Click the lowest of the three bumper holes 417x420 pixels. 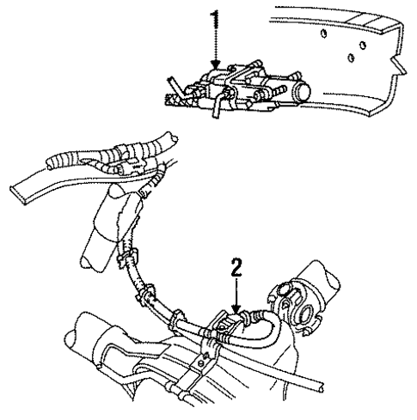click(352, 58)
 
